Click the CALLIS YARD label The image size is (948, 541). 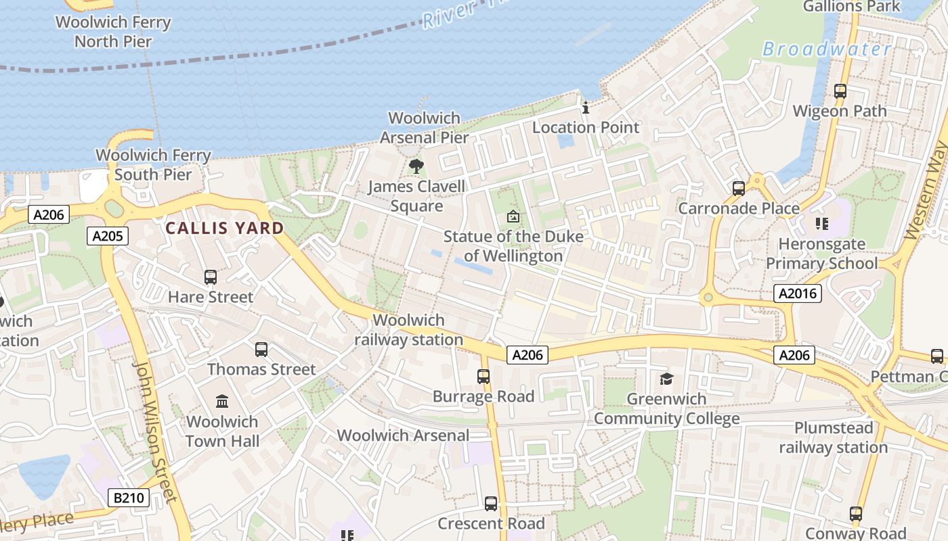coord(225,228)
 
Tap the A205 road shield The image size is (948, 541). coord(108,236)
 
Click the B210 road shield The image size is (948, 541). coord(128,498)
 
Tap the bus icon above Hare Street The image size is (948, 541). coord(211,277)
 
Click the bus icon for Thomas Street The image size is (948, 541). coord(261,349)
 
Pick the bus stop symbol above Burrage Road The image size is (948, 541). coord(483,377)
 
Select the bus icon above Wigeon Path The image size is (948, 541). coord(840,91)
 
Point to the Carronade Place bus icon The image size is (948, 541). coord(739,188)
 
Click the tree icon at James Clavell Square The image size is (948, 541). coord(416,166)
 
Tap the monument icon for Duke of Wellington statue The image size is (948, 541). coord(513,217)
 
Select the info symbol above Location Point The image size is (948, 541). coord(586,108)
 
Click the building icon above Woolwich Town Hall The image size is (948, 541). coord(222,401)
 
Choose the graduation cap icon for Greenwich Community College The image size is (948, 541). coord(667,379)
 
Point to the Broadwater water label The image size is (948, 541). coord(827,49)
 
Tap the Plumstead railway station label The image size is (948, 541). coord(833,438)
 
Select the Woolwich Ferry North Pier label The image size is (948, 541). coord(113,31)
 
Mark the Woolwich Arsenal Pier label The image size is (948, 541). coord(425,128)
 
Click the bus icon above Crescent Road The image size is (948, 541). coord(491,504)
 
